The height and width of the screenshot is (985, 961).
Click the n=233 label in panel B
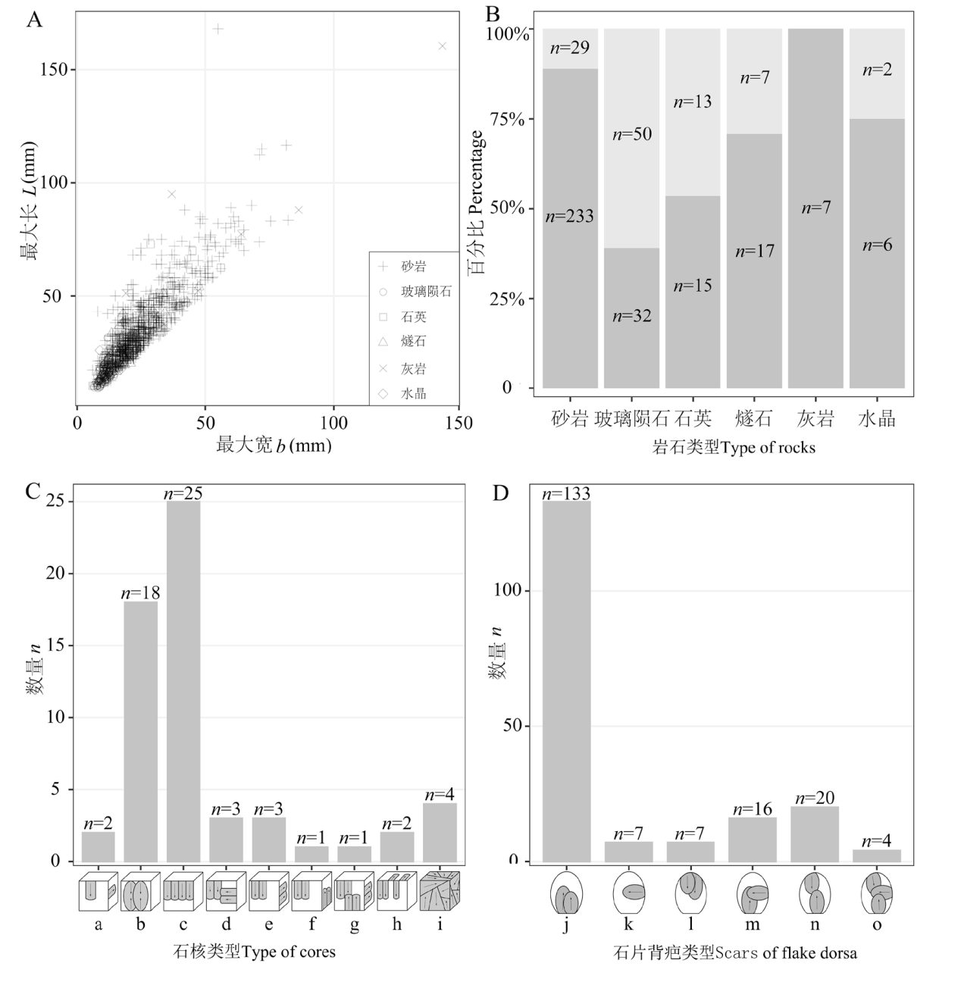point(569,217)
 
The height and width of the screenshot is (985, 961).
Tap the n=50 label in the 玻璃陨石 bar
point(631,135)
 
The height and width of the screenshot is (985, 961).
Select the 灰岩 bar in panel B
point(815,208)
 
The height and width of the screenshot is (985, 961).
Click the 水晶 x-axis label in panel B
point(876,419)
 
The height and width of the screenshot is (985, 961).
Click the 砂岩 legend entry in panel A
point(414,267)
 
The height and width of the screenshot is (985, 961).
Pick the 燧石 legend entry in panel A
point(414,342)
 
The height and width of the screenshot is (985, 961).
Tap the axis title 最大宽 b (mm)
point(274,446)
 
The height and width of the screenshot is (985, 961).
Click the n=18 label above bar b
point(141,593)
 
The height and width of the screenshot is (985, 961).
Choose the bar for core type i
point(440,832)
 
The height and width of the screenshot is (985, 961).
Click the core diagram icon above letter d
point(227,892)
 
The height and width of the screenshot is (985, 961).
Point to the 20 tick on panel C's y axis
point(56,574)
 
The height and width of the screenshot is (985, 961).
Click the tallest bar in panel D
point(566,681)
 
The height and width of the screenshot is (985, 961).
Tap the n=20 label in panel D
point(814,798)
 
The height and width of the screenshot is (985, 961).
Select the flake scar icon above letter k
point(629,894)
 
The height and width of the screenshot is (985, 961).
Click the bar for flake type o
point(877,855)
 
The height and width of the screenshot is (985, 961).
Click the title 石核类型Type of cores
point(255,952)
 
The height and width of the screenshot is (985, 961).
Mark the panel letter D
point(501,493)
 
